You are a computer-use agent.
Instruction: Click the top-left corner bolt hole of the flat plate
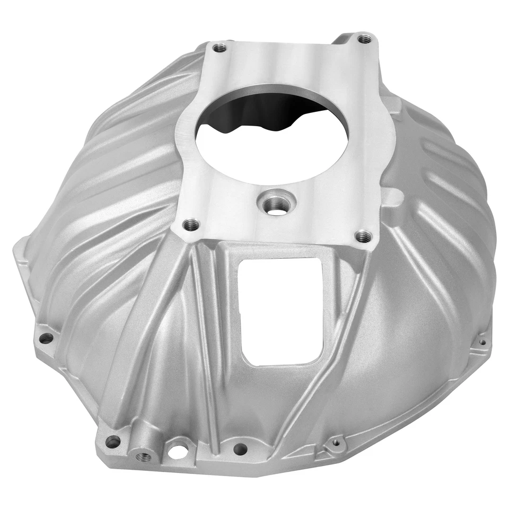click(x=220, y=48)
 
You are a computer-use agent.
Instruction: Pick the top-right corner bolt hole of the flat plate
click(x=364, y=39)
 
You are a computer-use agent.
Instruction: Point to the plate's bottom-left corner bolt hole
click(x=191, y=225)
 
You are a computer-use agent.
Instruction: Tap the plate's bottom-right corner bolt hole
click(x=363, y=236)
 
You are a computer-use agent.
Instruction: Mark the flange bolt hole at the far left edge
click(x=46, y=338)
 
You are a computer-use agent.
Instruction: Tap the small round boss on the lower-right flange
click(x=335, y=442)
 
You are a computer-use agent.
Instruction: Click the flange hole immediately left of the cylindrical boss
click(x=113, y=441)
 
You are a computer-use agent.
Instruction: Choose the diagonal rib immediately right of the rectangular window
click(x=339, y=329)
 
